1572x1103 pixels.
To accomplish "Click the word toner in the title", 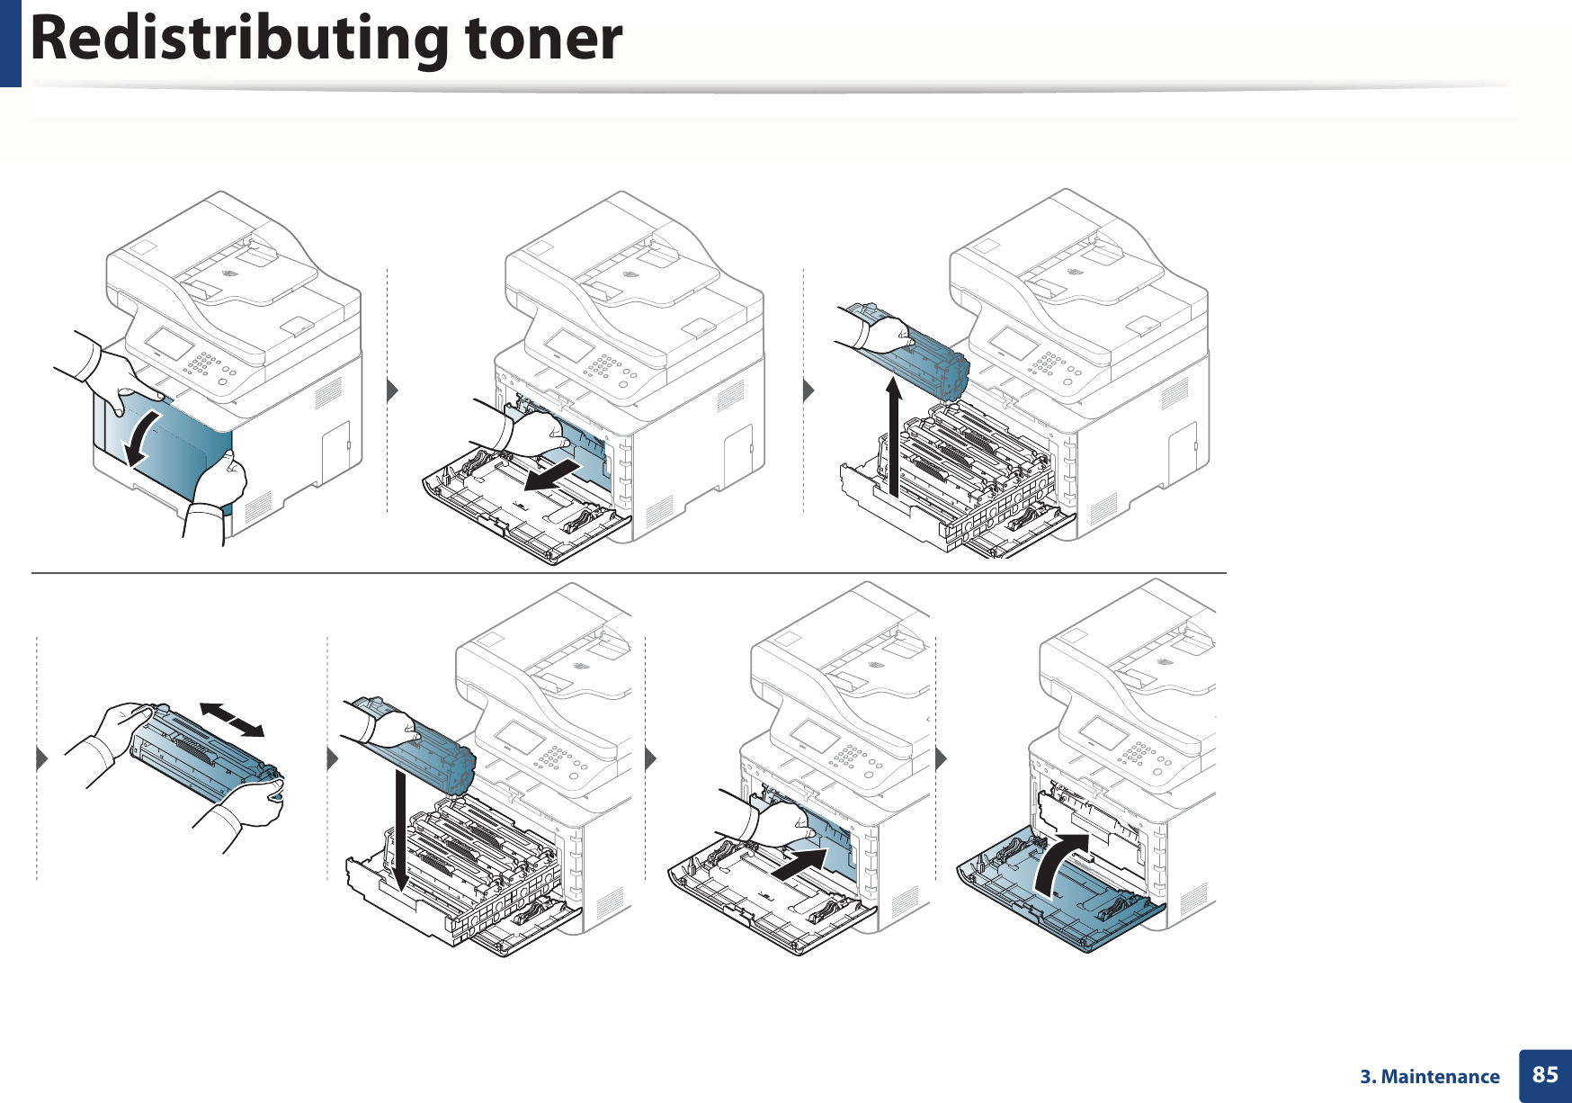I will (543, 40).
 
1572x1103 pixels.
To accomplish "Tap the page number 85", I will (1545, 1074).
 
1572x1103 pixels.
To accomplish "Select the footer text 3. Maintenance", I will (1429, 1077).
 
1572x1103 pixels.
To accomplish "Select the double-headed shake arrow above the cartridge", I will (232, 720).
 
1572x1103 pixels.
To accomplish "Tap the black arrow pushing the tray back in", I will (799, 865).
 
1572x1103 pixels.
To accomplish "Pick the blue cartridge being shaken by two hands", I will (202, 755).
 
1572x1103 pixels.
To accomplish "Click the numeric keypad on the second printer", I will (602, 365).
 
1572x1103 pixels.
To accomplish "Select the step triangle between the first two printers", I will (391, 390).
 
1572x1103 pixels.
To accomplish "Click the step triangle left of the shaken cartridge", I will (41, 758).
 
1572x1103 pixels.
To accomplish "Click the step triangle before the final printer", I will (941, 758).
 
